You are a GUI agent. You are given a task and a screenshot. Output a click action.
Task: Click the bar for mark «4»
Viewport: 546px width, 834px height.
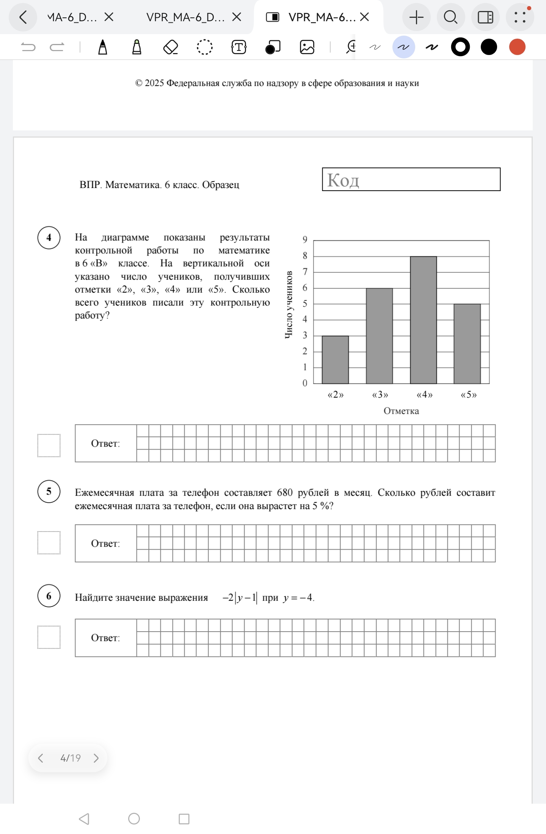pyautogui.click(x=423, y=320)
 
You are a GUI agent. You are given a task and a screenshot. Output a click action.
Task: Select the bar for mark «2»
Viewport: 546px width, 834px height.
pyautogui.click(x=335, y=360)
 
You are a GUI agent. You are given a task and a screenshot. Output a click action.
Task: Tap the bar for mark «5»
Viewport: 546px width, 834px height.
pyautogui.click(x=467, y=343)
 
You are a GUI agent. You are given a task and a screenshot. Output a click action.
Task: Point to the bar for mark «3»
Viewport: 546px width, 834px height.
pyautogui.click(x=379, y=336)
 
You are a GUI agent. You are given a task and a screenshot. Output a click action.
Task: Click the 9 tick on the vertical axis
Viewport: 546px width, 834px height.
pyautogui.click(x=305, y=240)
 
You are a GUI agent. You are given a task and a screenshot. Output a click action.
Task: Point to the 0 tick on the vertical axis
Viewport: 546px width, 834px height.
pyautogui.click(x=305, y=383)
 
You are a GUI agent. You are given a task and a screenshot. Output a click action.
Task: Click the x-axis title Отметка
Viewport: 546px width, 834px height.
pyautogui.click(x=401, y=411)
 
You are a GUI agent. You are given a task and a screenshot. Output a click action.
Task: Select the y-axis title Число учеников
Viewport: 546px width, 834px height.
pyautogui.click(x=289, y=304)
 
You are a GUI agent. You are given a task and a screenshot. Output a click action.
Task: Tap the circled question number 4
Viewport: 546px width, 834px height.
pyautogui.click(x=49, y=238)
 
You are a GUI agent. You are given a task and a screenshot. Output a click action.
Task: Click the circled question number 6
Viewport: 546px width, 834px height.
pyautogui.click(x=49, y=596)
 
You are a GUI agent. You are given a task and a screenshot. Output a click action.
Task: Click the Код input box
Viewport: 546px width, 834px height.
pyautogui.click(x=411, y=179)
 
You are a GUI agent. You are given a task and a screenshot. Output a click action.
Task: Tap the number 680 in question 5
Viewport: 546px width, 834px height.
pyautogui.click(x=285, y=492)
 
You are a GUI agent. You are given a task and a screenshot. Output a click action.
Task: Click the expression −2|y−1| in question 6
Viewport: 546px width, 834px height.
pyautogui.click(x=240, y=598)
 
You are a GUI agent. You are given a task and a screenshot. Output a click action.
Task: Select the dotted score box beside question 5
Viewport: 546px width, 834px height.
pyautogui.click(x=49, y=543)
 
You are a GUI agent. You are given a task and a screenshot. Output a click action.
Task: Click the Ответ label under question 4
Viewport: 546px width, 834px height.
pyautogui.click(x=105, y=444)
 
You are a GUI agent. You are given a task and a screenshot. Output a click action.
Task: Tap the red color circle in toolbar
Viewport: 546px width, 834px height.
pyautogui.click(x=517, y=47)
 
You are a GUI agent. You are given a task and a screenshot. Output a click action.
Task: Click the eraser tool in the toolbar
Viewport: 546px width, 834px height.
pyautogui.click(x=171, y=47)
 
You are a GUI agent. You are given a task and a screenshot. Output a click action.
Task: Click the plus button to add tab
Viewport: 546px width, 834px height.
pyautogui.click(x=416, y=17)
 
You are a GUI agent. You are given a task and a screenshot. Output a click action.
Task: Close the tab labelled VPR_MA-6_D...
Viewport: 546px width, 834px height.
pyautogui.click(x=237, y=17)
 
